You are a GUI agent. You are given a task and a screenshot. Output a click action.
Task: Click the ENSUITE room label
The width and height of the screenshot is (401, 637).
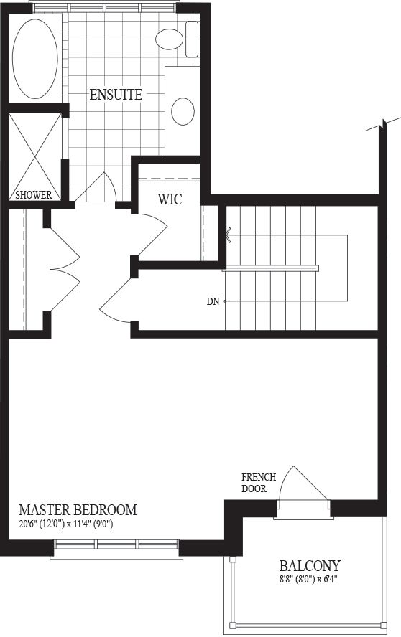116,95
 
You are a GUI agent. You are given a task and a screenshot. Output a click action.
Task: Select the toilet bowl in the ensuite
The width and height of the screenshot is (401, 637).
169,39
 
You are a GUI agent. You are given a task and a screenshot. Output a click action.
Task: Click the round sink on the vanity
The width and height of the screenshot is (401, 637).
183,111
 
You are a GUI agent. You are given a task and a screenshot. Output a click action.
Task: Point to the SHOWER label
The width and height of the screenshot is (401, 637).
34,195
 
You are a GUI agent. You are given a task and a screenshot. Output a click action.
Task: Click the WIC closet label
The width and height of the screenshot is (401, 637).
170,199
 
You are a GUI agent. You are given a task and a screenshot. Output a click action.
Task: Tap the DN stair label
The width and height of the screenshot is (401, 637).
213,301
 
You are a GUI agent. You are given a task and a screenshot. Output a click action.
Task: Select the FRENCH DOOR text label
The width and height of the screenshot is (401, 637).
259,483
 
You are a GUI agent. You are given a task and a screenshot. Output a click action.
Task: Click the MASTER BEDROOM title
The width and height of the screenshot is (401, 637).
78,509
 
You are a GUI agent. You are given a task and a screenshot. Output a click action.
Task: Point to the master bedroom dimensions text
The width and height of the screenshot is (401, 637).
65,524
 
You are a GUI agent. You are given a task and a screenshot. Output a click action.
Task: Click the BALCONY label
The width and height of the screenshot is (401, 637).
310,565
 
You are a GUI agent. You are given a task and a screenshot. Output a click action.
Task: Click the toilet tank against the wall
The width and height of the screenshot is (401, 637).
192,39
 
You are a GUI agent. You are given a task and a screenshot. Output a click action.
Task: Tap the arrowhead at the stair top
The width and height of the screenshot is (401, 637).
229,235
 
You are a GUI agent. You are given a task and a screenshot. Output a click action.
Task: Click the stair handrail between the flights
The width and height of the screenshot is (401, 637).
271,268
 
